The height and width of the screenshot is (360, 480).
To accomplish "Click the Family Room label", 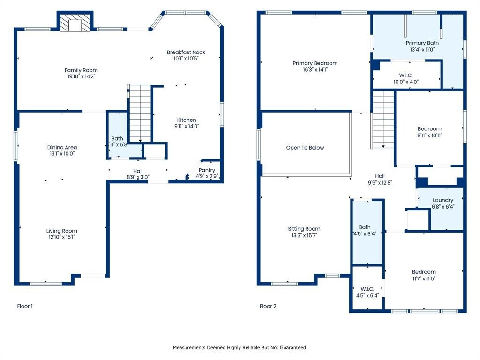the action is [x=81, y=70].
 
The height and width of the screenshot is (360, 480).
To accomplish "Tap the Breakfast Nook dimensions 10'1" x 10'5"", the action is [x=186, y=59].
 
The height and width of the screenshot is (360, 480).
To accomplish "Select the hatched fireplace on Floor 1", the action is [x=75, y=22].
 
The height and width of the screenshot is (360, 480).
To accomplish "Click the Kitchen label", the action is [x=187, y=120].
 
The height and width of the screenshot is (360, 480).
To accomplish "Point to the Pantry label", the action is [x=207, y=170].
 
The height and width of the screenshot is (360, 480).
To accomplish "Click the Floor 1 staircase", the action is [x=140, y=113].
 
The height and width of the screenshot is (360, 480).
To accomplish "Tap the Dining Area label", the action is [x=62, y=147].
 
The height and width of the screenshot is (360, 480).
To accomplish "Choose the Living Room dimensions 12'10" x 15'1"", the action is [x=61, y=237].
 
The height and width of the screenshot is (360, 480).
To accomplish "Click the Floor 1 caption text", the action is [x=25, y=306].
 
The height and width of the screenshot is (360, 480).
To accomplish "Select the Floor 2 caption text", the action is [x=268, y=306].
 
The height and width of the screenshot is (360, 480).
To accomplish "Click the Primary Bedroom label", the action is [x=315, y=63].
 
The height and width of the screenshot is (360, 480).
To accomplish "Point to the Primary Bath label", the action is [x=422, y=43].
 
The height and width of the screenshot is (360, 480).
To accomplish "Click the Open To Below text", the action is [x=305, y=148].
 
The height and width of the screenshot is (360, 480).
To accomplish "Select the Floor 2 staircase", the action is [x=382, y=120].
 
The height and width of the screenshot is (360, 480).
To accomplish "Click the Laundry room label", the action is [x=443, y=200].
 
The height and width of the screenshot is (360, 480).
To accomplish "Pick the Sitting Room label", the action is [x=304, y=229].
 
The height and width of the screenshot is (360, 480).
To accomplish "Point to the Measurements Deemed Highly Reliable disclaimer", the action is [x=240, y=347].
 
